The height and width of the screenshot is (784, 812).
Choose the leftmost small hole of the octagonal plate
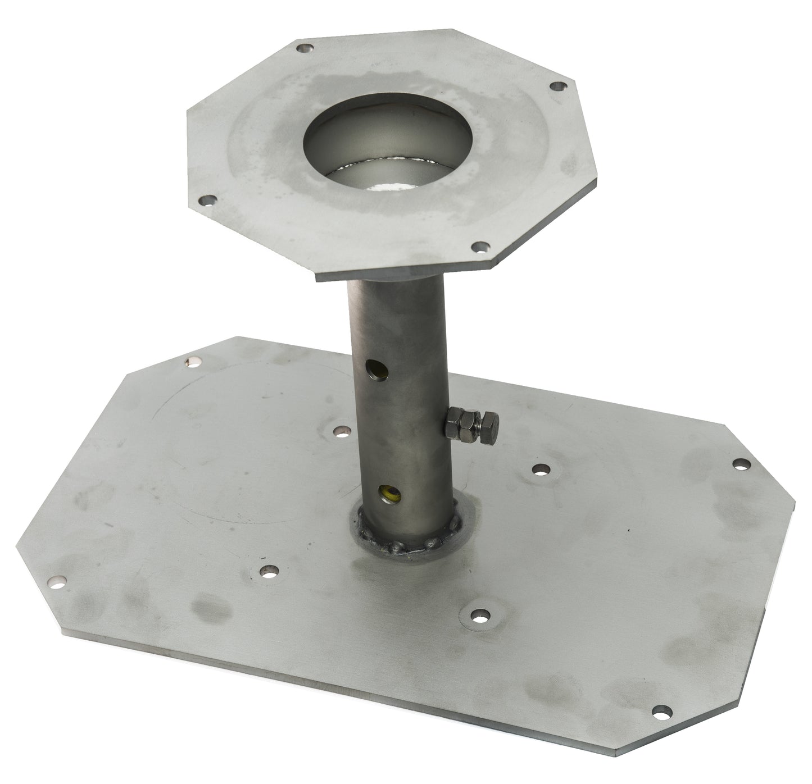(208, 199)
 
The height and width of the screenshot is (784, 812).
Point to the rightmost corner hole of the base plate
(742, 464)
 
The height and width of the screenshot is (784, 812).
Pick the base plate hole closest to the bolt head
(539, 469)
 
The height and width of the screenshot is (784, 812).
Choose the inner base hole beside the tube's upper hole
(339, 431)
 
